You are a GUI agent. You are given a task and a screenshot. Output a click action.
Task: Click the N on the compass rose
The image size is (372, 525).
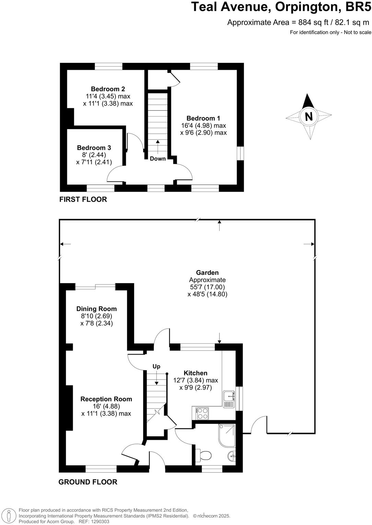point(309,116)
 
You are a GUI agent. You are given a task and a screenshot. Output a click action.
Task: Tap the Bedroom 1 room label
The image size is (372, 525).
point(203,118)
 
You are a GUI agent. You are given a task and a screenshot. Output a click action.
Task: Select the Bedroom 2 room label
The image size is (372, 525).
point(108,89)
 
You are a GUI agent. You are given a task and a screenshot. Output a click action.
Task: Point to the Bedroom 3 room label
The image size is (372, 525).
point(94,148)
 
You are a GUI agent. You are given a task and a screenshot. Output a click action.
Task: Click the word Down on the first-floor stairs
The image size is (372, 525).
point(158,159)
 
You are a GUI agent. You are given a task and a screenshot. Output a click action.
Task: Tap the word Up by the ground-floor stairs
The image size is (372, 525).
point(156,366)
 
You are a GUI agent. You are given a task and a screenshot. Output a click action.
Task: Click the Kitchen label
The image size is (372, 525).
point(196,373)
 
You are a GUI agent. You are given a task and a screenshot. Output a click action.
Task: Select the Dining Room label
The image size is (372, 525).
point(96,309)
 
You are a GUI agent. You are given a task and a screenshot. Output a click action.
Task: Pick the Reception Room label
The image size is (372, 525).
point(106,399)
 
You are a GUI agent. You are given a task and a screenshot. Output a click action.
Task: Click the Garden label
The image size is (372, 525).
point(207,273)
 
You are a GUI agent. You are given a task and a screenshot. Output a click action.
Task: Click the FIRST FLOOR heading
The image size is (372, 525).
point(83,199)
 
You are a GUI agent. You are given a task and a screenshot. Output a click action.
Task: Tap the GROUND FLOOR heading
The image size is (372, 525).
point(88,482)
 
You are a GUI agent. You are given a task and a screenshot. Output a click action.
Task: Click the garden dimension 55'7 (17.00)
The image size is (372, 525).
point(207,287)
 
